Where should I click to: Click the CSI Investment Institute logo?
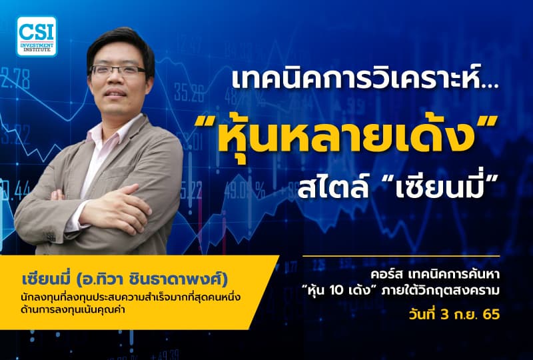(x=38, y=36)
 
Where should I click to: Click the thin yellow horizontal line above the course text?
(x=400, y=257)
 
